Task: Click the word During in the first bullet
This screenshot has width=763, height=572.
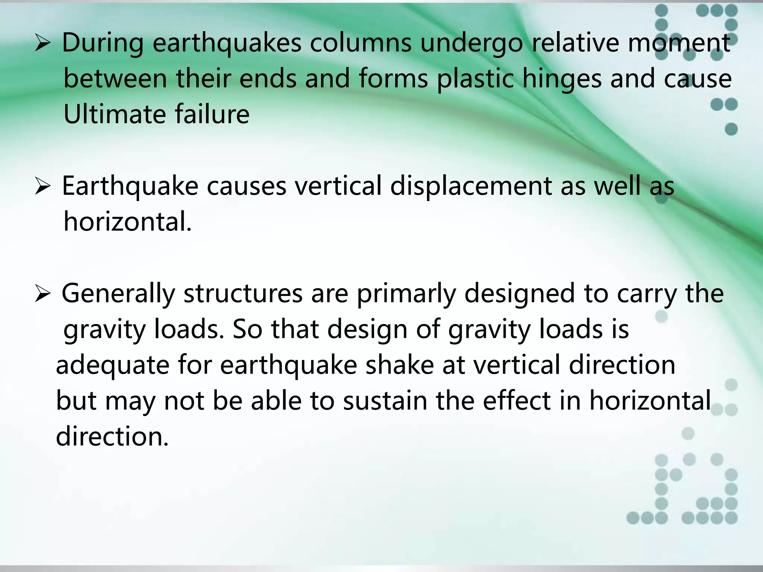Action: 102,43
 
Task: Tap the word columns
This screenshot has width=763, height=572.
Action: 361,43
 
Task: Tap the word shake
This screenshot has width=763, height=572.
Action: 399,365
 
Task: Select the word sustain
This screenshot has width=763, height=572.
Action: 385,401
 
